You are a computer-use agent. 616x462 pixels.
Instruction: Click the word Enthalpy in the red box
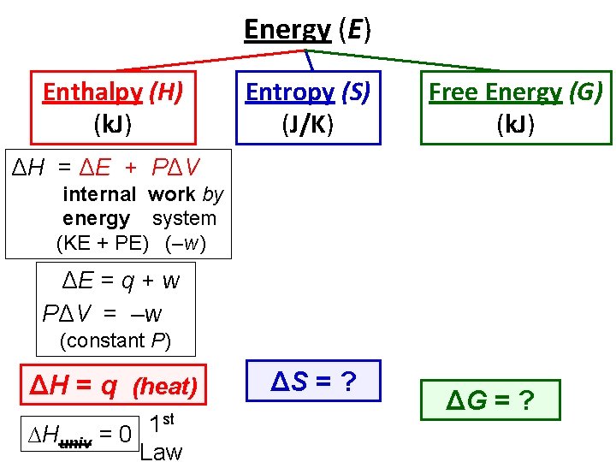coord(93,92)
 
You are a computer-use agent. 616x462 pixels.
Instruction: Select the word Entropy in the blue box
coord(289,92)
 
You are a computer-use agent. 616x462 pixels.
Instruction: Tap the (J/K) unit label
coord(306,125)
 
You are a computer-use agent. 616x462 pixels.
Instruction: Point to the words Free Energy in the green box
coord(494,92)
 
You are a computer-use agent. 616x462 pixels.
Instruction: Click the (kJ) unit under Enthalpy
coord(112,125)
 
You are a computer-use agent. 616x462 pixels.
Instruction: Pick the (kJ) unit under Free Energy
coord(516,125)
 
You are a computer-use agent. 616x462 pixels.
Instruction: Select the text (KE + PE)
coord(102,243)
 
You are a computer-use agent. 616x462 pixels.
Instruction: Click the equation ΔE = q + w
coord(121,279)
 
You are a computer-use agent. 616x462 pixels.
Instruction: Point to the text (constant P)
coord(115,340)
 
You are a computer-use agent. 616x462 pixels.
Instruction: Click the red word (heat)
coord(166,387)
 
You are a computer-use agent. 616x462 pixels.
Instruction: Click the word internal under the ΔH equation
coord(99,195)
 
